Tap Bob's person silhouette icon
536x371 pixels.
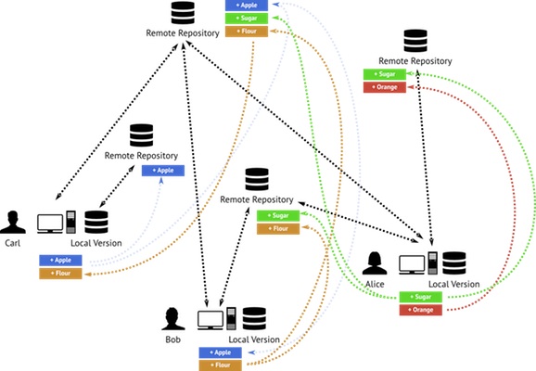click(172, 318)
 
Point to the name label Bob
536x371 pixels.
click(172, 341)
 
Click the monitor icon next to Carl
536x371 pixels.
click(49, 224)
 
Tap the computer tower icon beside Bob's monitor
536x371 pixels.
click(229, 318)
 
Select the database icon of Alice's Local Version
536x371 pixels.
click(453, 263)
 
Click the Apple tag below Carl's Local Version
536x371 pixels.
click(60, 261)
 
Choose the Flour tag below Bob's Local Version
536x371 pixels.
click(220, 366)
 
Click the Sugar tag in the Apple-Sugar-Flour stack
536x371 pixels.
click(246, 18)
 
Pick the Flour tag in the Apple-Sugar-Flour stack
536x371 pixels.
click(246, 32)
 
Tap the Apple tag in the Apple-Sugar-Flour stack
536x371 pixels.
click(246, 5)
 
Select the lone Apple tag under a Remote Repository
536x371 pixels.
click(163, 171)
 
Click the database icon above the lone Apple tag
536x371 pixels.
click(142, 135)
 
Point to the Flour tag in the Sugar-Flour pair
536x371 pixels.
click(277, 228)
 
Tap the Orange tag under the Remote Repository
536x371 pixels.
click(384, 86)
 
